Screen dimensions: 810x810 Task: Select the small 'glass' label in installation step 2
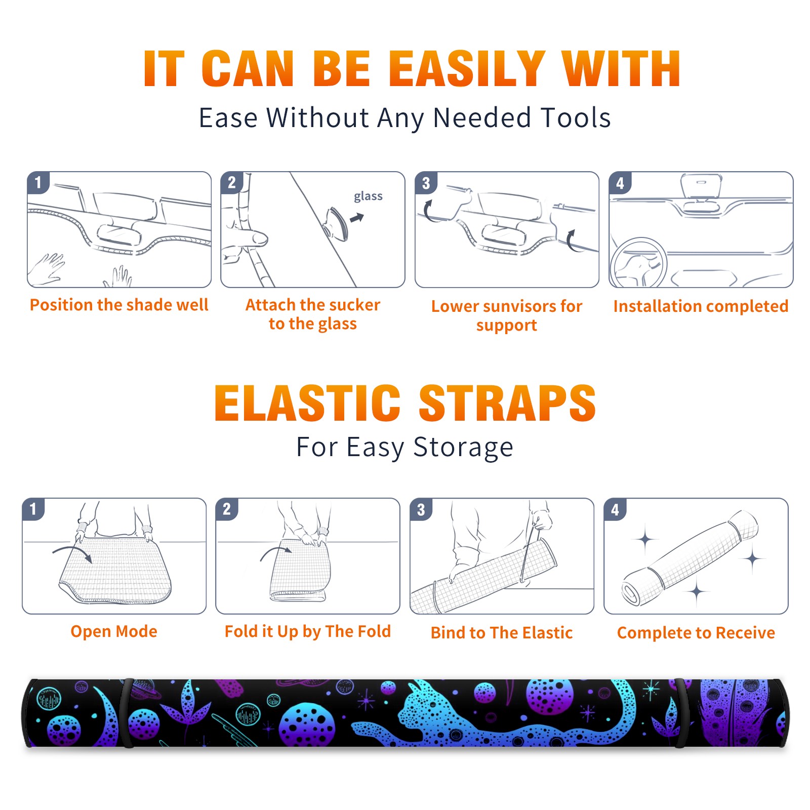(368, 196)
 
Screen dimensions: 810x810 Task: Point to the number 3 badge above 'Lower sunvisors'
(426, 183)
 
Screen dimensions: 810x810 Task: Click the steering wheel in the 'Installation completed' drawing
(638, 263)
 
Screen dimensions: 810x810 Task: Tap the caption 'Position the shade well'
(119, 305)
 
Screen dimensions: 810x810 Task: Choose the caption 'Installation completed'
(701, 306)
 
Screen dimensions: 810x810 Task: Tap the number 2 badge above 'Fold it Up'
(226, 509)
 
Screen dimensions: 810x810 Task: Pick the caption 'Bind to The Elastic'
(501, 633)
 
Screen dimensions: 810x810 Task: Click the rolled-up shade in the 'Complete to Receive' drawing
(690, 558)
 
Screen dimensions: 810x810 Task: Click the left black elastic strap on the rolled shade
(128, 713)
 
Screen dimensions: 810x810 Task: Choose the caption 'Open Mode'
(114, 631)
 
